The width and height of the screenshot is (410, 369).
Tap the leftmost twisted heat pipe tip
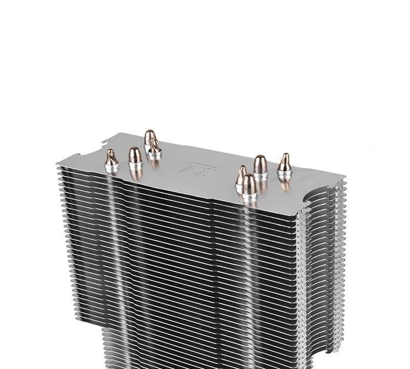click(111, 156)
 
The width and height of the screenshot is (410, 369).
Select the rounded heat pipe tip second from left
click(134, 154)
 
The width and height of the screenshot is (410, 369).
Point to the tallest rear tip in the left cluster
click(150, 137)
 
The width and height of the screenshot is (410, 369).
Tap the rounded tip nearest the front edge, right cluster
click(250, 183)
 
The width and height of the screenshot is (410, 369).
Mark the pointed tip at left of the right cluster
click(241, 174)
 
